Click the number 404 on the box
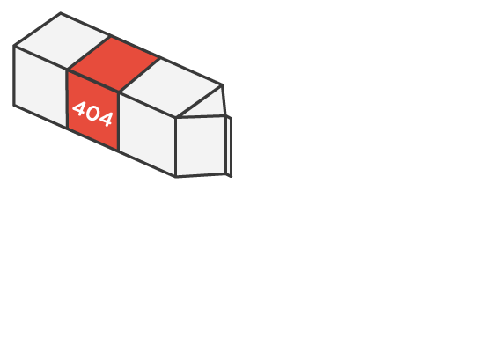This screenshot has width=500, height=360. click(92, 114)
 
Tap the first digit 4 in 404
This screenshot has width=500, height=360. click(79, 108)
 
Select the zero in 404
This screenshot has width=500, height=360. click(92, 114)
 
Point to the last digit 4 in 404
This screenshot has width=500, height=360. click(107, 119)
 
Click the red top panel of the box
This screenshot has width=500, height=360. click(114, 63)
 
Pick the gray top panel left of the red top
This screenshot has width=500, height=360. click(62, 40)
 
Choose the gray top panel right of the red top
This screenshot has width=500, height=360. click(172, 88)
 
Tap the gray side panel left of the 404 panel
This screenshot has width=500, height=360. click(40, 87)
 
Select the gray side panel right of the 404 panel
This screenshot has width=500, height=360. click(147, 134)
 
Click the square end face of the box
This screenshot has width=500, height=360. click(201, 146)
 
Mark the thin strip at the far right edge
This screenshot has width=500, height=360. click(229, 147)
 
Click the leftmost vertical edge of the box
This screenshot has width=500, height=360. click(14, 76)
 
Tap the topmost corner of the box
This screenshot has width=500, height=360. click(61, 13)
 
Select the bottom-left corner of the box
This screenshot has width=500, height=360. click(14, 105)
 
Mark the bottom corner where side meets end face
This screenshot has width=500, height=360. click(176, 176)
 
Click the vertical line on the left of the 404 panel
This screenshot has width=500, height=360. click(67, 99)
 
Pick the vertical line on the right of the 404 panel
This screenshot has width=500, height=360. click(119, 121)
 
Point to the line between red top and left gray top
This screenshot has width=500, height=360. click(89, 53)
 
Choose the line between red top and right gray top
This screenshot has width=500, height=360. click(139, 75)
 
